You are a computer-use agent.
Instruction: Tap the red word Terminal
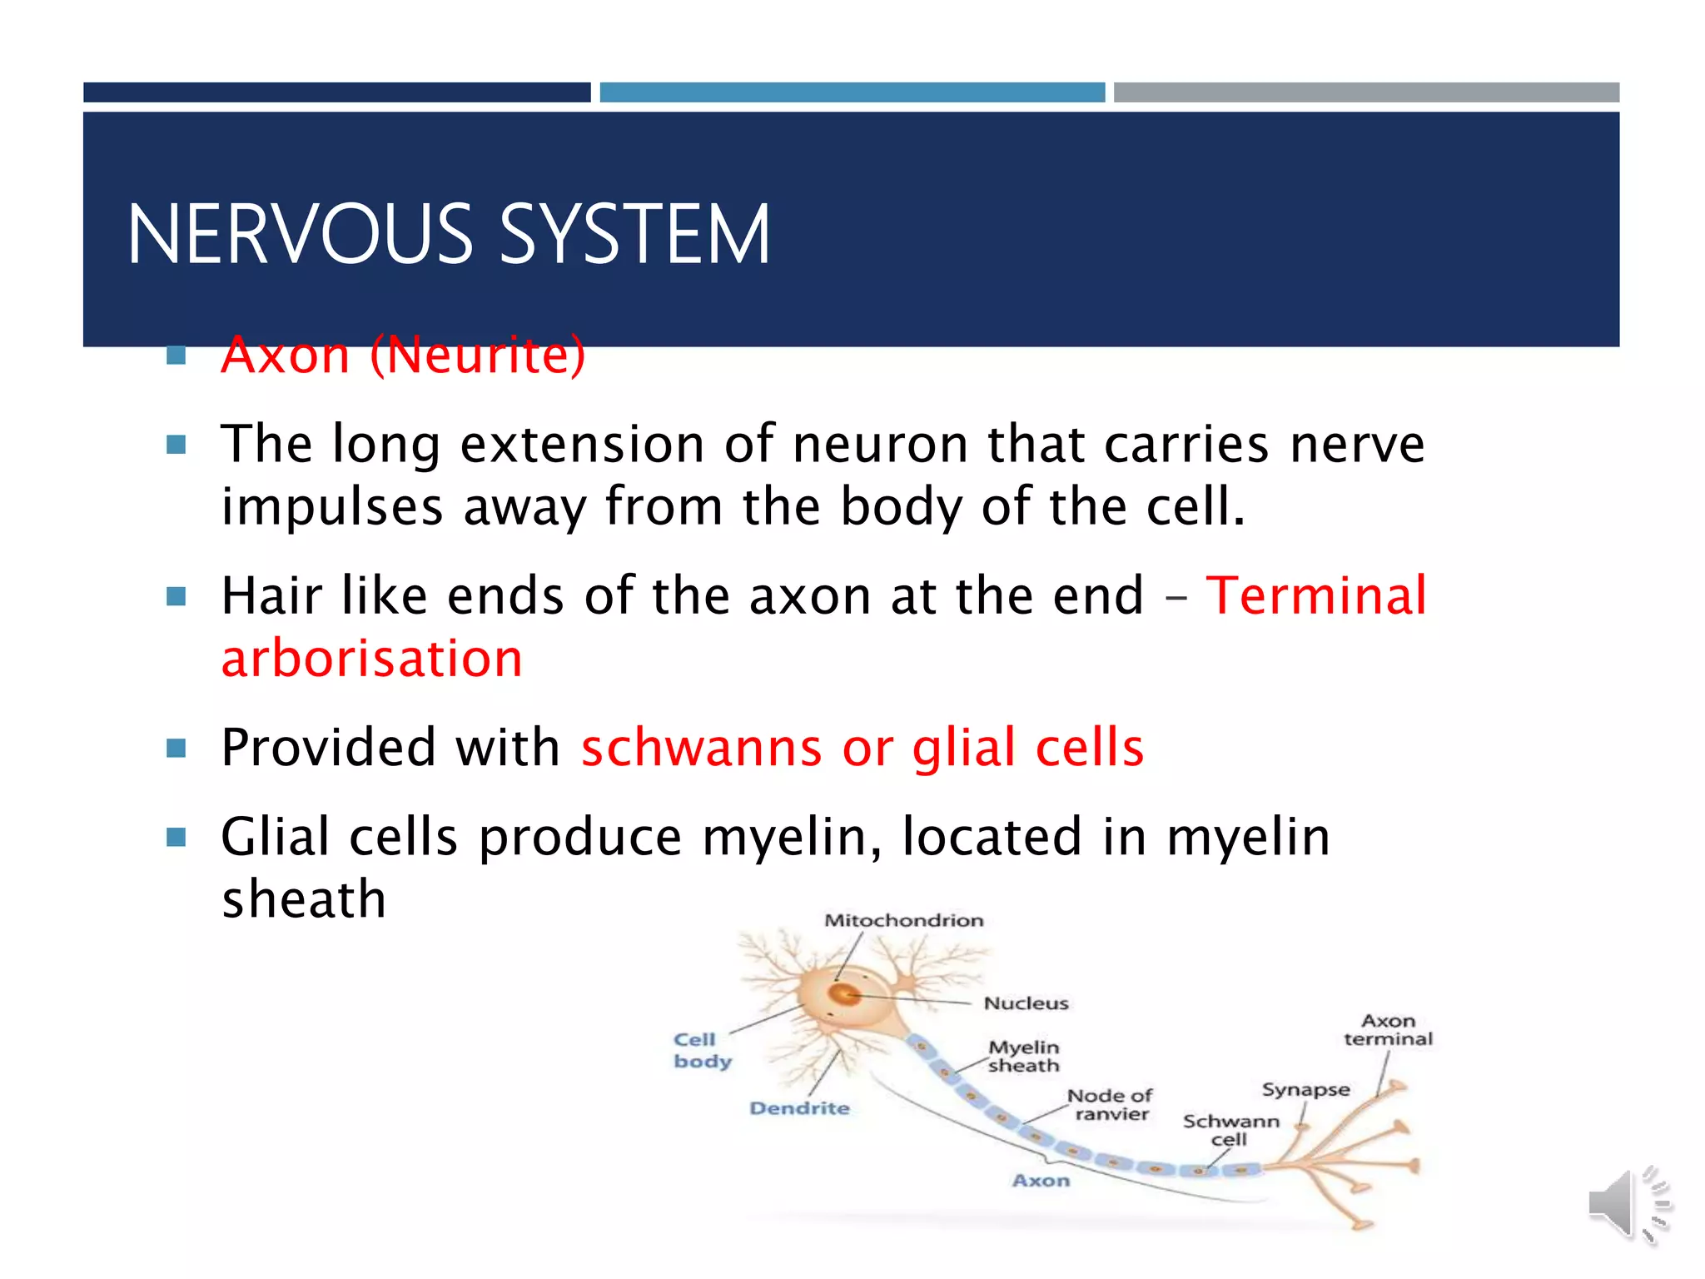tap(1315, 596)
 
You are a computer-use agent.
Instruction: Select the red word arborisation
tap(371, 659)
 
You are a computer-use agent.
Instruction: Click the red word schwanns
tap(701, 748)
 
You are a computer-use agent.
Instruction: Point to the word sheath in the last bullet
tap(304, 899)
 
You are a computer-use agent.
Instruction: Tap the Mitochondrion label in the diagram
tap(903, 920)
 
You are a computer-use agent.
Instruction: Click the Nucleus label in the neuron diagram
tap(1026, 1003)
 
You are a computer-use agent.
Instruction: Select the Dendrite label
tap(799, 1108)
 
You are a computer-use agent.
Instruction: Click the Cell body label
tap(702, 1050)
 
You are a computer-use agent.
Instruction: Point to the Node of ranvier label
tap(1111, 1105)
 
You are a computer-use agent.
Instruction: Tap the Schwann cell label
tap(1230, 1130)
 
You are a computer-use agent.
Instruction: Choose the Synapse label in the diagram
tap(1305, 1090)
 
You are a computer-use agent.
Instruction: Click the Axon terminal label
tap(1388, 1030)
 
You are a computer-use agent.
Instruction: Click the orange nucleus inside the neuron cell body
tap(846, 994)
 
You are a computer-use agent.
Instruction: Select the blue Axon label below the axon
tap(1041, 1181)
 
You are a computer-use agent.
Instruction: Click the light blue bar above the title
tap(852, 92)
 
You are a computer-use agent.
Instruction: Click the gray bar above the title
tap(1365, 92)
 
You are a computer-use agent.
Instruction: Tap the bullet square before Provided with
tap(176, 748)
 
